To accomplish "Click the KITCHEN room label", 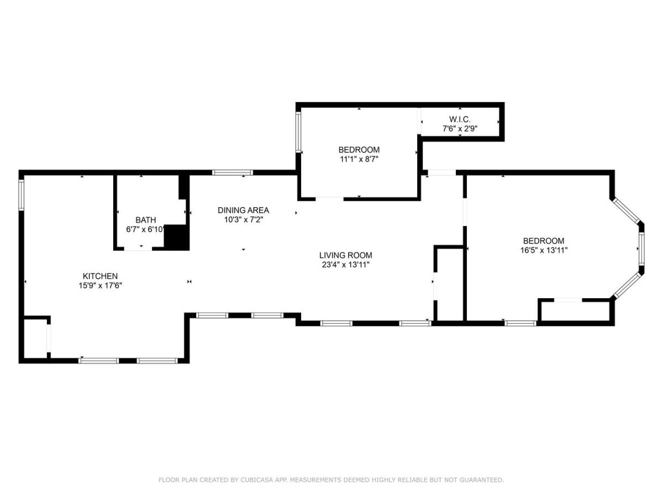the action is click(x=100, y=276).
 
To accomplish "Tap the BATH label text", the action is click(x=146, y=220).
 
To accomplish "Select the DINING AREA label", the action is click(x=243, y=210).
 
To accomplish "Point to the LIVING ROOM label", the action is click(x=345, y=255).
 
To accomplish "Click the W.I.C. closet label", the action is click(x=460, y=119).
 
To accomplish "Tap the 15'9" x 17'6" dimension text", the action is click(x=101, y=285).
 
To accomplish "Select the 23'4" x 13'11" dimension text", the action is click(x=345, y=265).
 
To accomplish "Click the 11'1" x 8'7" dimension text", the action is click(x=359, y=159).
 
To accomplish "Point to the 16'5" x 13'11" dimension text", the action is click(x=544, y=250).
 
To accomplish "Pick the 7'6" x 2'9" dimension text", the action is click(x=460, y=129).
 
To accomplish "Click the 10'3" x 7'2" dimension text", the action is click(x=244, y=220).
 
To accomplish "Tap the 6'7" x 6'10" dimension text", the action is click(x=145, y=229).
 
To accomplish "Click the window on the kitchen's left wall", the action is click(x=21, y=194).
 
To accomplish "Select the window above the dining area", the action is click(x=232, y=173).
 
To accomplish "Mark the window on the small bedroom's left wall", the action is click(x=298, y=131).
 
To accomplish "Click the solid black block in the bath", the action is click(x=176, y=237).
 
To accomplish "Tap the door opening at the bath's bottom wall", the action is click(x=138, y=248).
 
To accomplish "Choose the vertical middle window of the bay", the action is click(x=641, y=248).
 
